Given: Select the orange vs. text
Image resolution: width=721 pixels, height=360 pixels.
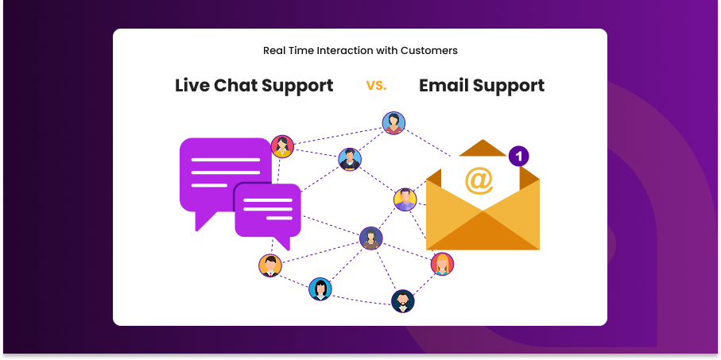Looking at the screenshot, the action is pos(377,85).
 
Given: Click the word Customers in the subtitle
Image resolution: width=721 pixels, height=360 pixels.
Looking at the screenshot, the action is pos(429,51).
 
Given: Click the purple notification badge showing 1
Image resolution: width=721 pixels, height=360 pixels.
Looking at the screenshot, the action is pos(518,157).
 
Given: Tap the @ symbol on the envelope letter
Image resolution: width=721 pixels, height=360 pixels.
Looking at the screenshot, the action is pos(479,180).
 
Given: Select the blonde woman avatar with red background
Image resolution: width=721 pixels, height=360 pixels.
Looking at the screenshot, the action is pos(442,265).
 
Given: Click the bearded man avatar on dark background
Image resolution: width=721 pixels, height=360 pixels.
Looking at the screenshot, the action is pos(403,301).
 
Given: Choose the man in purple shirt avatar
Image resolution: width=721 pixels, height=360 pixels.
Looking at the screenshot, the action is pos(405,199).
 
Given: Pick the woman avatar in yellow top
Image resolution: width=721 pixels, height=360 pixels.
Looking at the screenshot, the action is pos(282,147).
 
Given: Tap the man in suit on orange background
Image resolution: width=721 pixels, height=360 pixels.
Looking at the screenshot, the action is pos(270,265).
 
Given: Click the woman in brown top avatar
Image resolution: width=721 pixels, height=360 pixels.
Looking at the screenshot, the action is pos(371,238).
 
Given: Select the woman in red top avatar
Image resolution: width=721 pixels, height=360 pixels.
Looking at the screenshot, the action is pos(393,123).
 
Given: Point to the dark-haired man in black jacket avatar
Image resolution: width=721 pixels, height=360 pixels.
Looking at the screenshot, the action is pos(350,160).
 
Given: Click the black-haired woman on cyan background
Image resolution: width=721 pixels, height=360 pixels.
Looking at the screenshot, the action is pos(320,289).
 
